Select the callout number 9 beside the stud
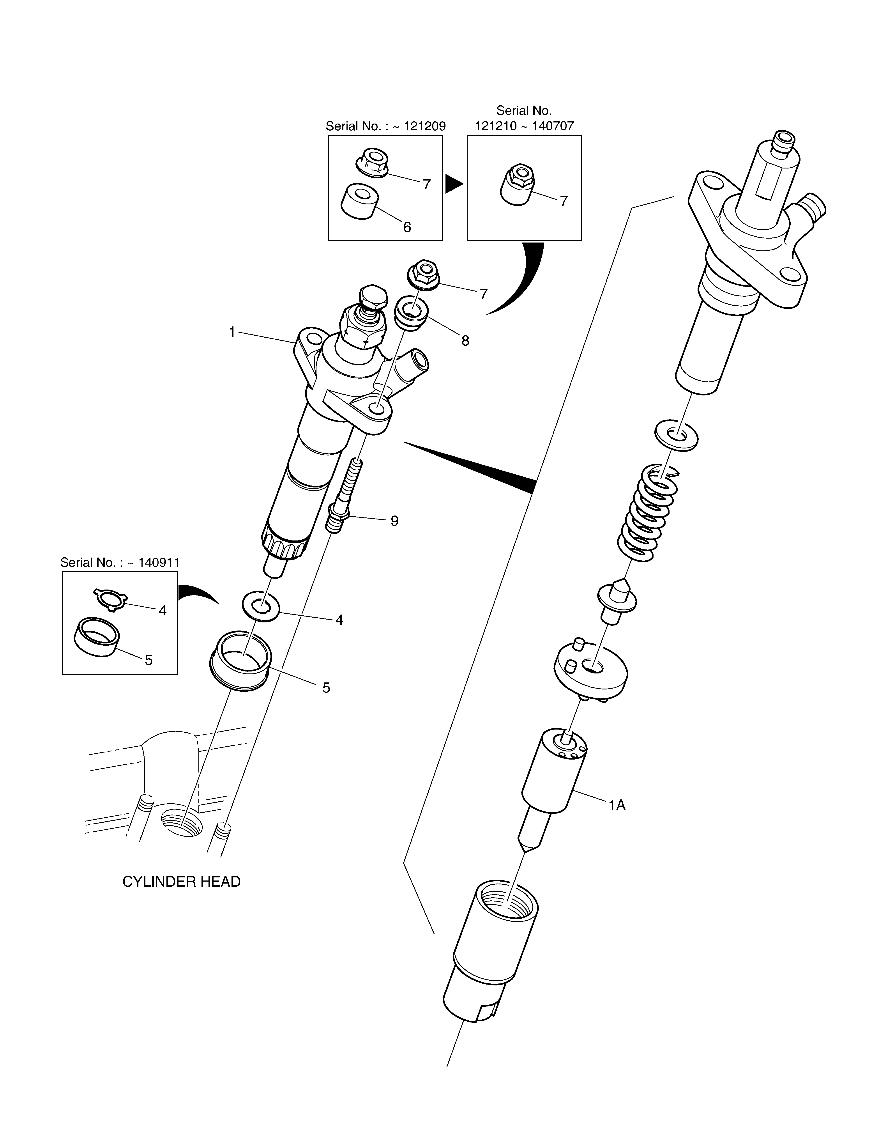coord(395,521)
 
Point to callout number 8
coord(465,340)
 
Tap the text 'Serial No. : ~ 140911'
coord(120,563)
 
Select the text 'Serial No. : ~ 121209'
coord(386,126)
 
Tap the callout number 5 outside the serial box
coord(326,688)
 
